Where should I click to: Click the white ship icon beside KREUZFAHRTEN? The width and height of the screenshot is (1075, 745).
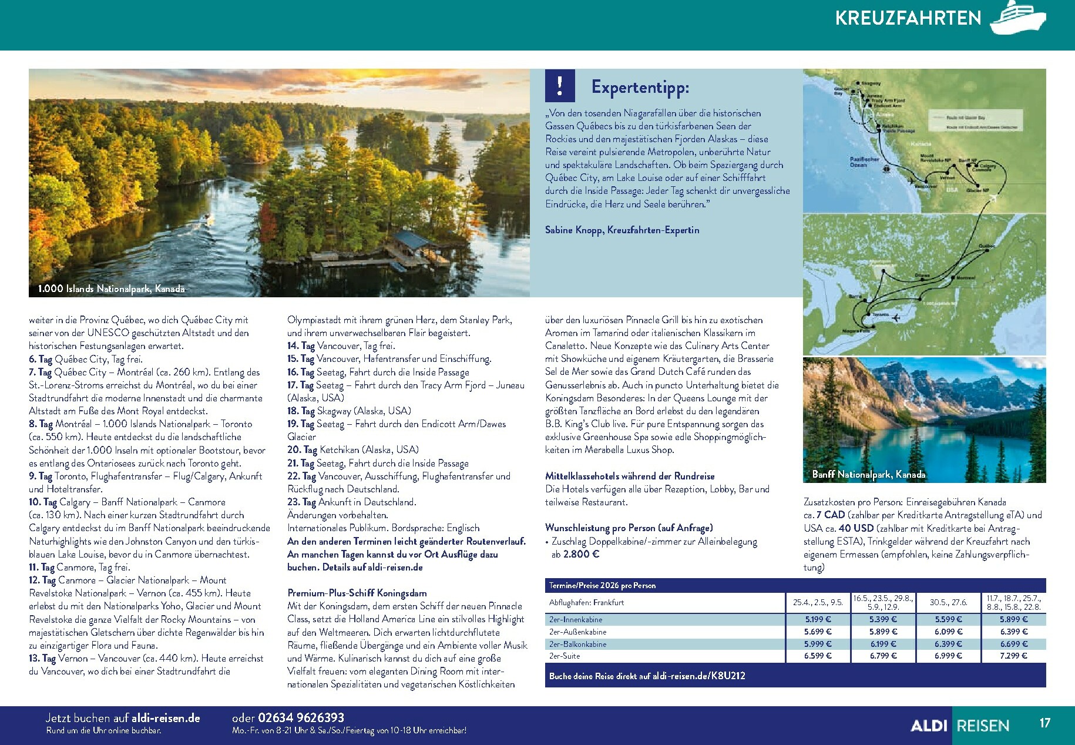(x=1017, y=18)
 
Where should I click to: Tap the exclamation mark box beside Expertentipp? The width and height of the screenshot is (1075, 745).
(x=560, y=86)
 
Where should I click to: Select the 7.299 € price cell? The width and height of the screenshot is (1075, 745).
(x=1013, y=656)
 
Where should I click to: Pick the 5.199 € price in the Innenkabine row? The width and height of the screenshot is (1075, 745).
(x=818, y=619)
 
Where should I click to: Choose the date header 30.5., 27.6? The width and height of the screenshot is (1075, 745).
(x=948, y=602)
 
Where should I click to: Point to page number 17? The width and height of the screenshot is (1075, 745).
(x=1044, y=723)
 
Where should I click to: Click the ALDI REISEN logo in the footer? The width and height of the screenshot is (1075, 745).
(x=959, y=726)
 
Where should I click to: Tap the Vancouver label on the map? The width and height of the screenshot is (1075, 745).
(x=926, y=186)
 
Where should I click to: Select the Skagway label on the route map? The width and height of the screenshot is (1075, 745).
(x=872, y=84)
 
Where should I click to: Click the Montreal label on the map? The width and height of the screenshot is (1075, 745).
(x=965, y=278)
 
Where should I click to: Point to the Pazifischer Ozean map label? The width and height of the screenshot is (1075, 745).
(x=864, y=162)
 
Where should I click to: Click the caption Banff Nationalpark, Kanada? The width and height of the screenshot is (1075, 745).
(x=868, y=474)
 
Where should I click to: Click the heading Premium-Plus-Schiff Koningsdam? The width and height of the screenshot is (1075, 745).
(x=357, y=593)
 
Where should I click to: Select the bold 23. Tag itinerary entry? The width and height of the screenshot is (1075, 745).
(x=301, y=502)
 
